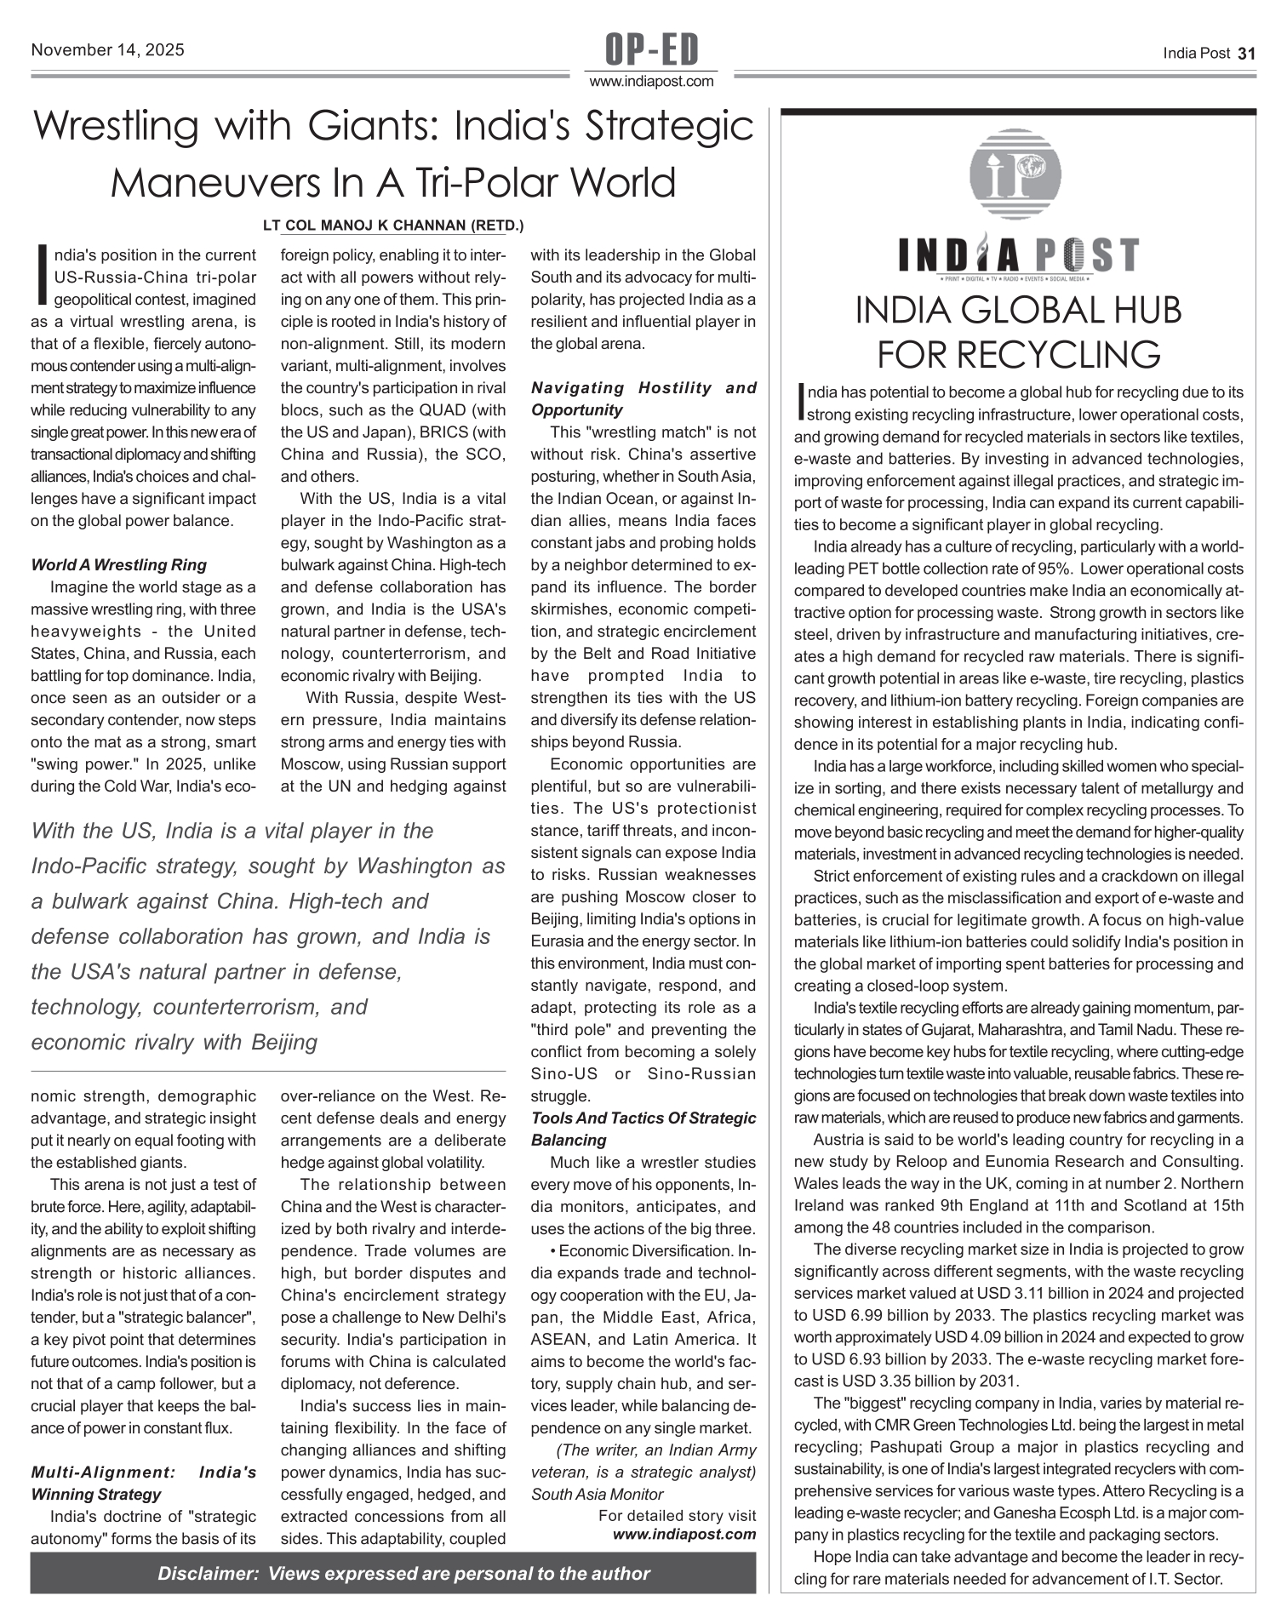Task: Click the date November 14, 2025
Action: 107,50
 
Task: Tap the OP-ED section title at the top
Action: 651,49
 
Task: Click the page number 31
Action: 1247,54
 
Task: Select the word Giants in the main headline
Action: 371,127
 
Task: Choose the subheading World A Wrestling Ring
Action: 118,565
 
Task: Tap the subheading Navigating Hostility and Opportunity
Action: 643,399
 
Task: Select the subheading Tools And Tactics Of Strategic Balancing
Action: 643,1129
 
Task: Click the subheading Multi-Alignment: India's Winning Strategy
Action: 143,1483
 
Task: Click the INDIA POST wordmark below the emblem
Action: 1017,254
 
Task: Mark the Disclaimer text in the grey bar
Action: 403,1574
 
